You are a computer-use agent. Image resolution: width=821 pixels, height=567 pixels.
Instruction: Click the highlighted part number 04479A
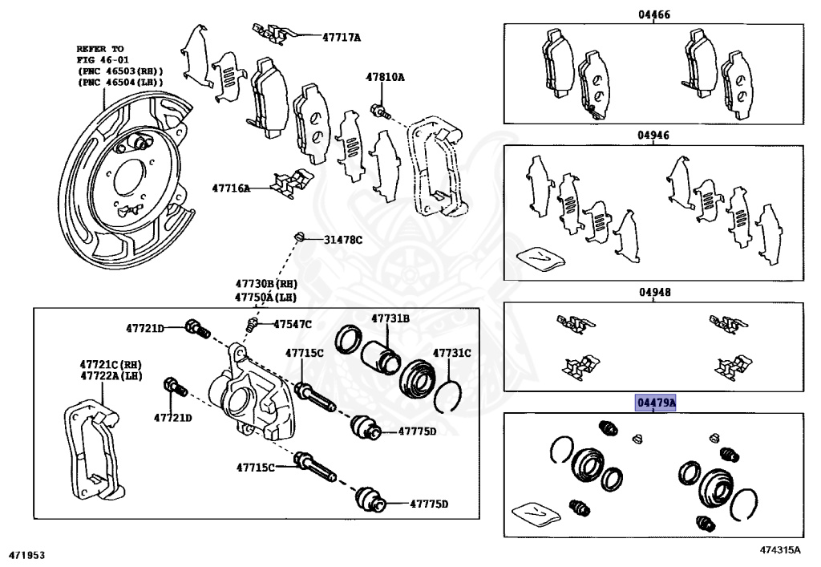pyautogui.click(x=655, y=402)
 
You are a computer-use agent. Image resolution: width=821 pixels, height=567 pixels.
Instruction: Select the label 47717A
pyautogui.click(x=342, y=37)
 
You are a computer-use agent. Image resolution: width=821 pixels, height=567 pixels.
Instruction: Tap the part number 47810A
pyautogui.click(x=386, y=78)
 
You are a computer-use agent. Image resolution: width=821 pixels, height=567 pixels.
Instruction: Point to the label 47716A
pyautogui.click(x=231, y=188)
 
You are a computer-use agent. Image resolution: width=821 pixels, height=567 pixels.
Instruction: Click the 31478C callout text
pyautogui.click(x=343, y=240)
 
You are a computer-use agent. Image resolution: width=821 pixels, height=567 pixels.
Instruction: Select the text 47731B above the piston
pyautogui.click(x=390, y=318)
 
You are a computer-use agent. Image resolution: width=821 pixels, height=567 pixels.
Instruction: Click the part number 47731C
pyautogui.click(x=452, y=352)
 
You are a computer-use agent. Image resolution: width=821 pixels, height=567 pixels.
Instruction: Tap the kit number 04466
pyautogui.click(x=654, y=14)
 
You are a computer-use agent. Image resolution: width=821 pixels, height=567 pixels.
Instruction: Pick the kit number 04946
pyautogui.click(x=653, y=135)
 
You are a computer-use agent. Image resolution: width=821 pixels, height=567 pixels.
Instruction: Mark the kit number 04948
pyautogui.click(x=654, y=293)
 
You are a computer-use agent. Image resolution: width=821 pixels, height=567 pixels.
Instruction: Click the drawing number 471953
pyautogui.click(x=26, y=554)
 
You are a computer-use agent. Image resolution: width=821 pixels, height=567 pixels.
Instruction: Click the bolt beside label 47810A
pyautogui.click(x=378, y=110)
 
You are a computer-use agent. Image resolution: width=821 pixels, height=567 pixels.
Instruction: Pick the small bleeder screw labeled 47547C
pyautogui.click(x=252, y=325)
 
